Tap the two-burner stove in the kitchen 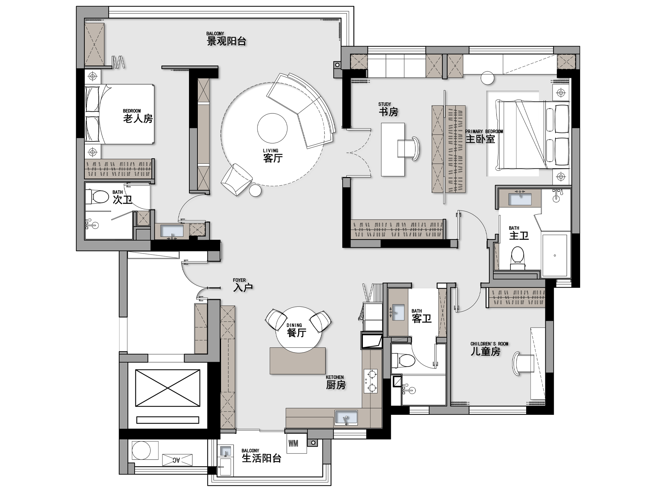371,381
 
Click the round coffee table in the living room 272,128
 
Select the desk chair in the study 408,148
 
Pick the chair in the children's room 523,363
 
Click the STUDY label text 385,104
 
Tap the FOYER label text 239,280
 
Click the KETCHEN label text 335,377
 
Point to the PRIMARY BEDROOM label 484,132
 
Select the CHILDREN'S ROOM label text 489,344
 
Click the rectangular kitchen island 298,361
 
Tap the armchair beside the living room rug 236,180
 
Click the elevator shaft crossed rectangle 168,388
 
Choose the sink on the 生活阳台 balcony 225,451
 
